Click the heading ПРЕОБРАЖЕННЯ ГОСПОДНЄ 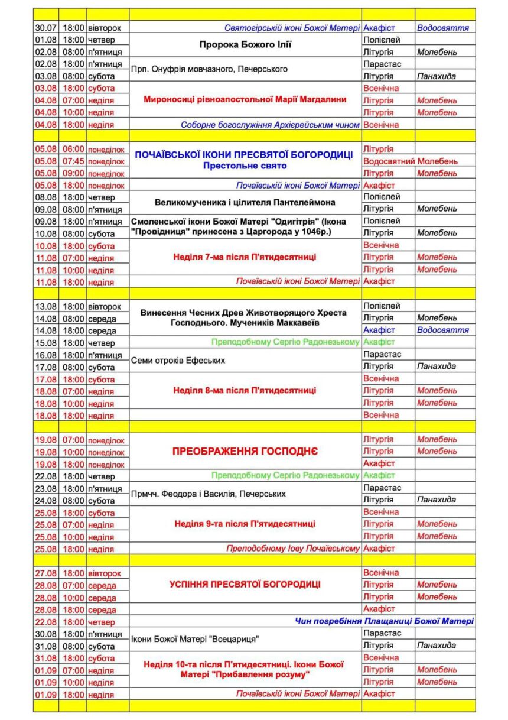[245, 452]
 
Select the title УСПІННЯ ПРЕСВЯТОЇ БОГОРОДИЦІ [245, 585]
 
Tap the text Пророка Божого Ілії [245, 45]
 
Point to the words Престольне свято [245, 166]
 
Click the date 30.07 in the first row [45, 28]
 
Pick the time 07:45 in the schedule [73, 161]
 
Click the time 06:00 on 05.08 [73, 149]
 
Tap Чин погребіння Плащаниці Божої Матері [385, 621]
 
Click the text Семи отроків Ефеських [178, 360]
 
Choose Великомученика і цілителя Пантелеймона [245, 202]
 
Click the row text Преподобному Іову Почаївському [293, 549]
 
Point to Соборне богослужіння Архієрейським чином [270, 125]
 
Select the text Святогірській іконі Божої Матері [292, 28]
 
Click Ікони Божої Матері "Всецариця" [196, 639]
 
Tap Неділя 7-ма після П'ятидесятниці [245, 257]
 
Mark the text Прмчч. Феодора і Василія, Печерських [209, 494]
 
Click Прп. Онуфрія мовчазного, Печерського [209, 69]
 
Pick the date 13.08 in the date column [45, 306]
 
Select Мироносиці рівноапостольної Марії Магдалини [245, 99]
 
